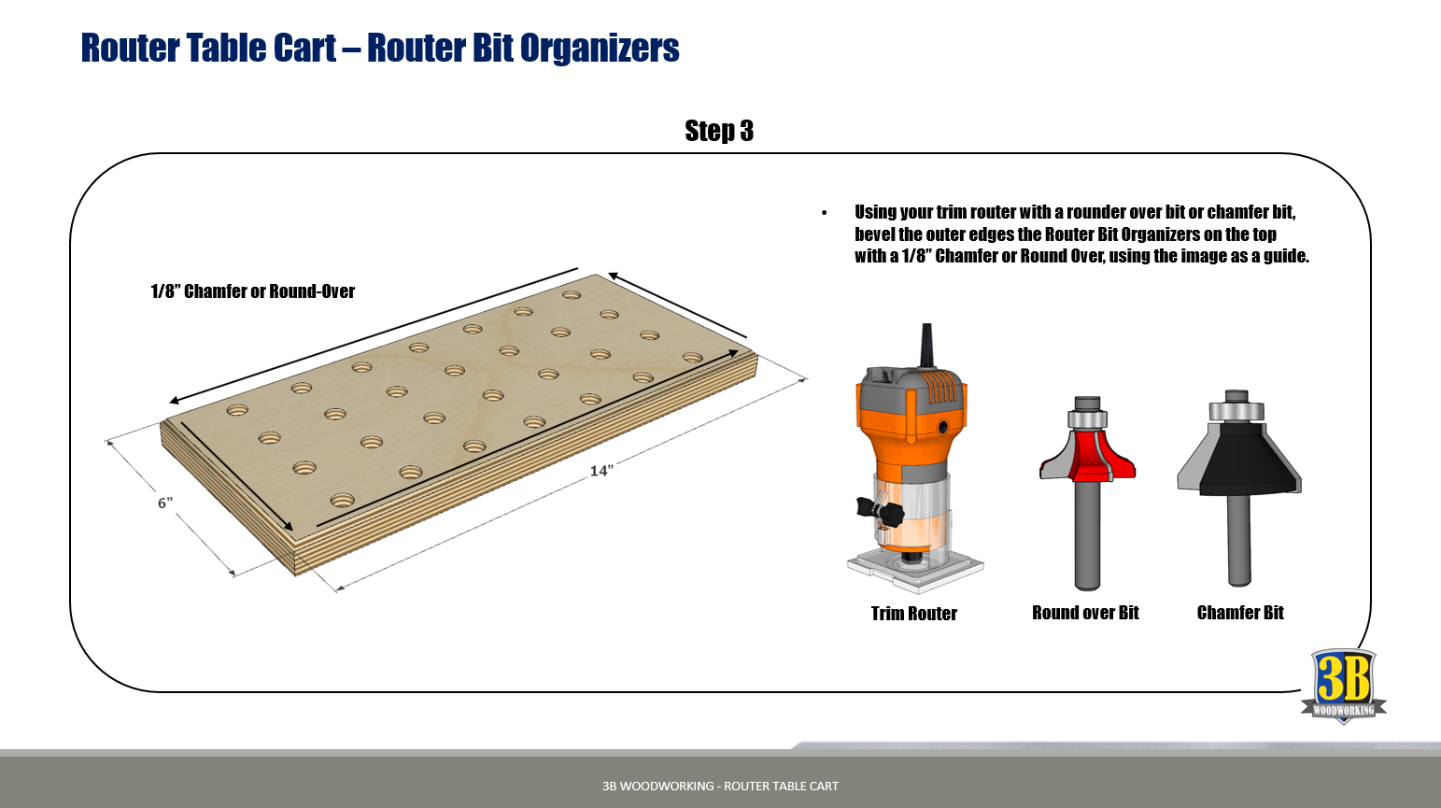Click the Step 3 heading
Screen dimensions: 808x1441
click(718, 131)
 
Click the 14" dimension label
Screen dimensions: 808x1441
click(601, 471)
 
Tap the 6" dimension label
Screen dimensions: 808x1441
click(165, 503)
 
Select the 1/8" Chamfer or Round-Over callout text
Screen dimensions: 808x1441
click(252, 291)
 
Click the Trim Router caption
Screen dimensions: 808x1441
click(913, 614)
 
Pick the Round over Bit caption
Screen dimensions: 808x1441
click(1085, 613)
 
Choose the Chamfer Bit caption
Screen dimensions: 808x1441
click(1240, 613)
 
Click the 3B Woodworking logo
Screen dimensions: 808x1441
click(1343, 686)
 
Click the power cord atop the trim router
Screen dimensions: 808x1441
click(926, 345)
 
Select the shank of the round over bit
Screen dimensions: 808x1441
click(1086, 537)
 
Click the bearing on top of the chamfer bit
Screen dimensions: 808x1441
click(1236, 408)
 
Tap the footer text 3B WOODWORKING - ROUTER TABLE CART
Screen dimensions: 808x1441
click(720, 787)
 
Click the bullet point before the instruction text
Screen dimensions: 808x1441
click(825, 214)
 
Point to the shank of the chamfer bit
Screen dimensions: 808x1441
click(1239, 542)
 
